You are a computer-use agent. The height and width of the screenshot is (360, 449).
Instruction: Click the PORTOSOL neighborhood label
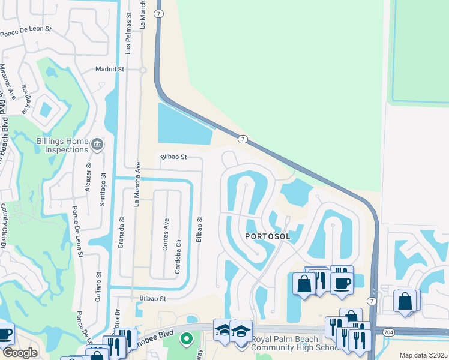pos(268,236)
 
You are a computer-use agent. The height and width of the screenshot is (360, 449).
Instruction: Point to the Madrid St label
pos(109,70)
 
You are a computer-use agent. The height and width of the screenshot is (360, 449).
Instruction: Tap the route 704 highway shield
pos(382,331)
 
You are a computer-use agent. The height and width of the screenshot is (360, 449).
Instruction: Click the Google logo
pos(20,353)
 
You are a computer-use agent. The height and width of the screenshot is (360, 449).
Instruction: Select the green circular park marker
pos(186,339)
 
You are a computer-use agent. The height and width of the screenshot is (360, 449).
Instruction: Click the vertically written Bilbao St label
pos(199,229)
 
